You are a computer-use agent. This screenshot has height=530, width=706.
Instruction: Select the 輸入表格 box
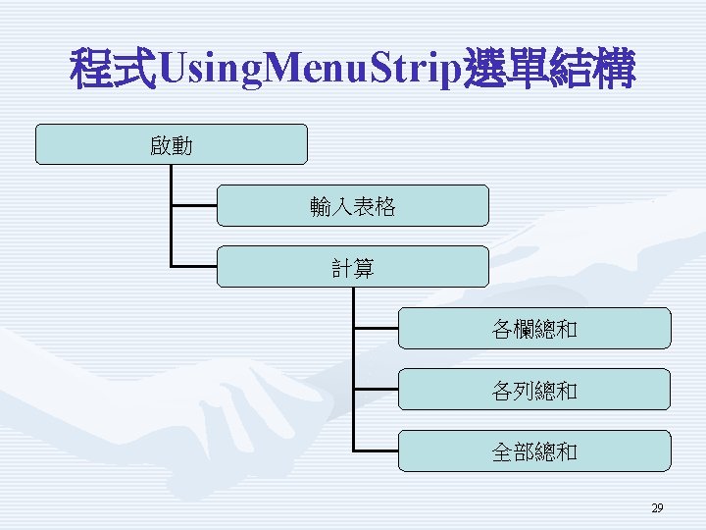tap(352, 206)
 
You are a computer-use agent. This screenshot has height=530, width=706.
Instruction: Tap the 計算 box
tap(352, 267)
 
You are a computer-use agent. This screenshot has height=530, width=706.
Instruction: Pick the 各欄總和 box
tap(534, 329)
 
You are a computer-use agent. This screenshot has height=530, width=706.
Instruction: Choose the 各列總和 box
tap(534, 390)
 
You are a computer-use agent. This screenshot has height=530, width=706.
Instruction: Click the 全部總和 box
tap(534, 451)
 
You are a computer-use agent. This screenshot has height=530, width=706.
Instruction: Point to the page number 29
tap(657, 508)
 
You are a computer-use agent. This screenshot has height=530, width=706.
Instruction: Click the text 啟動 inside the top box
tap(172, 147)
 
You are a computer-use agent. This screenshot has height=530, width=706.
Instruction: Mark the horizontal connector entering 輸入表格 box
tap(193, 206)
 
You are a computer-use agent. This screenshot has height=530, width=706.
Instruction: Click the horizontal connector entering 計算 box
tap(193, 266)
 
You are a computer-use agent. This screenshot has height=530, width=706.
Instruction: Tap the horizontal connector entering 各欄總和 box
tap(376, 328)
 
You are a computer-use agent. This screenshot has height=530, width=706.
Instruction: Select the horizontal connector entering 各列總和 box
tap(376, 390)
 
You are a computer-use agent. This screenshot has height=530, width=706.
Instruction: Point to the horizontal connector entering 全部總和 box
tap(376, 450)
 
